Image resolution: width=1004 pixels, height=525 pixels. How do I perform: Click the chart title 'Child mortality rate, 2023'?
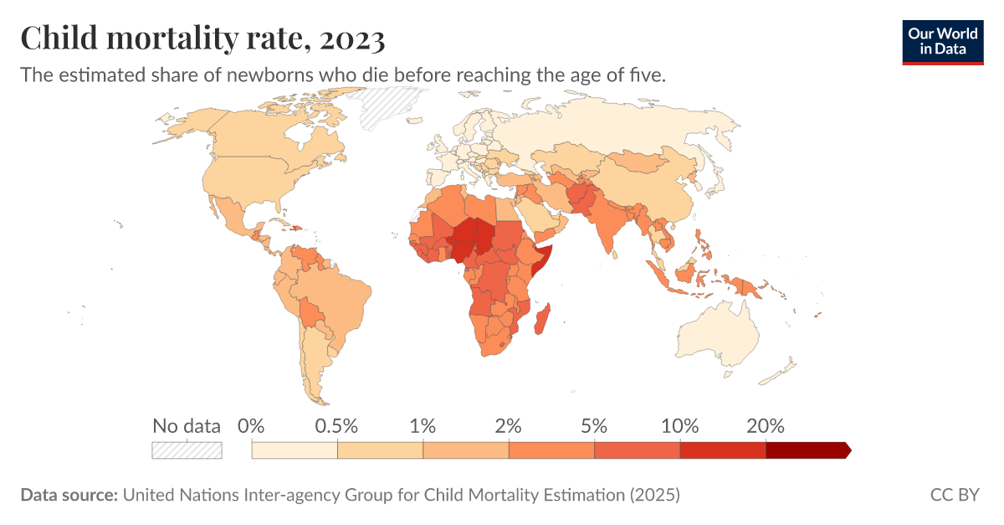click(x=202, y=39)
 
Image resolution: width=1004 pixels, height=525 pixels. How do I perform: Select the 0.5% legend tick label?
click(x=337, y=425)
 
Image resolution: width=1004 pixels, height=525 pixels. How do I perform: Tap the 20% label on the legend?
click(x=766, y=425)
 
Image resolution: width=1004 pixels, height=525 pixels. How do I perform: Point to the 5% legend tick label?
click(x=594, y=425)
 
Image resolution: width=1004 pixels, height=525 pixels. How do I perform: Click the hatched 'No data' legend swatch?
click(x=187, y=450)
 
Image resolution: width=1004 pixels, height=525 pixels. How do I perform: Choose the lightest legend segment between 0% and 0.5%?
click(x=295, y=450)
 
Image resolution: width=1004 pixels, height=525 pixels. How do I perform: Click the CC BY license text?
click(x=955, y=495)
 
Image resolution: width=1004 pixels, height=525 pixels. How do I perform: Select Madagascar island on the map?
click(x=544, y=321)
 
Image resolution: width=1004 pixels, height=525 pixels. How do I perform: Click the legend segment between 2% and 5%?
click(x=551, y=450)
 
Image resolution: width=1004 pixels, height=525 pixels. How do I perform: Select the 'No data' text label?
click(x=187, y=425)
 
